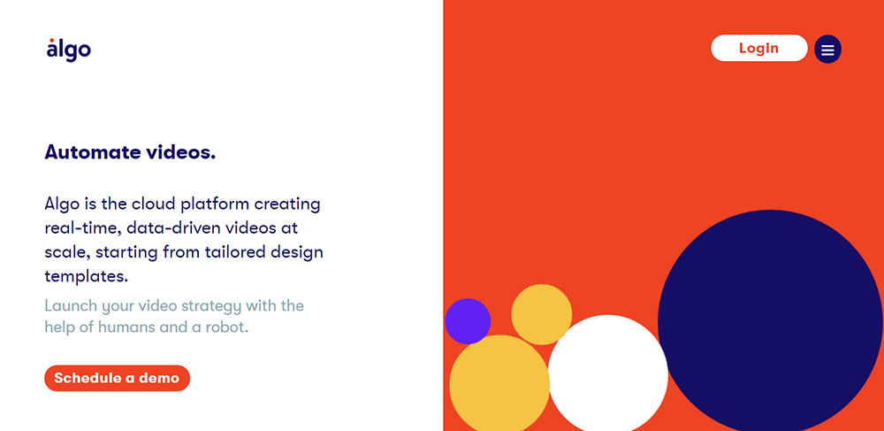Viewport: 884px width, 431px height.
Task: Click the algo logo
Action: (x=68, y=50)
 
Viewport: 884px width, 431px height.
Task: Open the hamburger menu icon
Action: (x=827, y=49)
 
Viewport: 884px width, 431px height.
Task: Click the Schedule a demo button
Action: (x=118, y=378)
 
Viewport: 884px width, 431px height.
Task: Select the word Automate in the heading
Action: (x=93, y=152)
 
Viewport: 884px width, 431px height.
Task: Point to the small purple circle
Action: (x=468, y=321)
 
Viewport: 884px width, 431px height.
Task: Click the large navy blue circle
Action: (x=771, y=320)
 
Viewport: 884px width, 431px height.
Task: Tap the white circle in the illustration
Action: (x=608, y=373)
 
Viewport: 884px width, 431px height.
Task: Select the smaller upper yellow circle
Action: (x=542, y=314)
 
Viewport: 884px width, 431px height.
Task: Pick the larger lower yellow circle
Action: (x=499, y=383)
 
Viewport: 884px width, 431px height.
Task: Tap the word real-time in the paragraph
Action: (x=82, y=228)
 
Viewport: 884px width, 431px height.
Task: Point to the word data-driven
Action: (x=172, y=228)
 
